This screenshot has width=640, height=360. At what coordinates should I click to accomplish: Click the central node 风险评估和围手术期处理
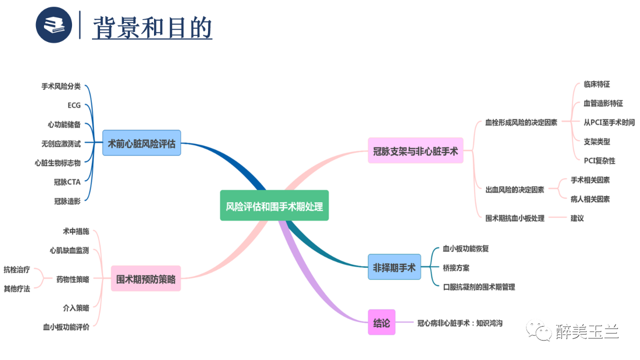(274, 205)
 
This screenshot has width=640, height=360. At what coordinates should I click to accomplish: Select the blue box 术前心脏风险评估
(142, 143)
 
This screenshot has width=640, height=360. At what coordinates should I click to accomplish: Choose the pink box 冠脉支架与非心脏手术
(415, 150)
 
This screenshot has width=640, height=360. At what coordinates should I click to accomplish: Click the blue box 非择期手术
(394, 267)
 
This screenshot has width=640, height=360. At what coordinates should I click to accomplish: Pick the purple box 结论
(381, 322)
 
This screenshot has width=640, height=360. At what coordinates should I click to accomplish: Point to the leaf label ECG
(74, 105)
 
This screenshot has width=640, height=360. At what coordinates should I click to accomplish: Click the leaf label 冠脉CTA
(67, 182)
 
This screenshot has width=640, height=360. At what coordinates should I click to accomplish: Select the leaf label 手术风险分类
(61, 86)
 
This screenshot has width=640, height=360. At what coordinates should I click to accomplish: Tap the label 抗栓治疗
(17, 269)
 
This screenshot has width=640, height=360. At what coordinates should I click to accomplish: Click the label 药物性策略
(73, 279)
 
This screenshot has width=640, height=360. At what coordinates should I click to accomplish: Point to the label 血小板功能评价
(66, 327)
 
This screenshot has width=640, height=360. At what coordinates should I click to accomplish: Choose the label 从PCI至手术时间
(609, 122)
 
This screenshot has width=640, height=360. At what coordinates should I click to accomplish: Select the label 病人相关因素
(590, 199)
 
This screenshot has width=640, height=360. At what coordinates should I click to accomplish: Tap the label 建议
(577, 218)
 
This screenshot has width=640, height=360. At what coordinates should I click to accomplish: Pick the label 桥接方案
(456, 267)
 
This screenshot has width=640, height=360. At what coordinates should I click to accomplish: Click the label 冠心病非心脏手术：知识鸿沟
(459, 323)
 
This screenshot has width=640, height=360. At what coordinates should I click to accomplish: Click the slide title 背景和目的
(152, 27)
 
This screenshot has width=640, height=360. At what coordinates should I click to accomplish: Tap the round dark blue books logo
(54, 25)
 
